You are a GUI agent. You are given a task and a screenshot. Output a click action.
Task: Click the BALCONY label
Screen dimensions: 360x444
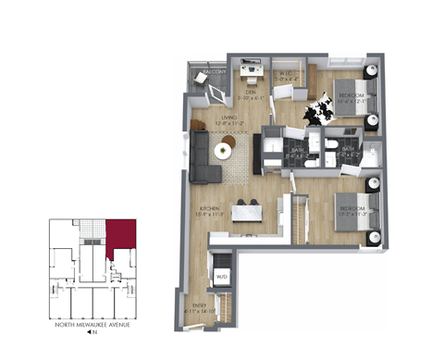[x=214, y=71]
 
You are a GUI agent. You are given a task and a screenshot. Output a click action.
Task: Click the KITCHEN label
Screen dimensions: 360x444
[x=209, y=210]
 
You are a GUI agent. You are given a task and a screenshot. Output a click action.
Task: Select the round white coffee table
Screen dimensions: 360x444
[x=225, y=151]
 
